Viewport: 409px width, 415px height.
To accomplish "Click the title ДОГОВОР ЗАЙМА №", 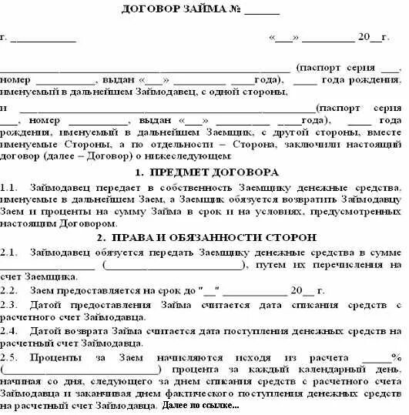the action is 182,11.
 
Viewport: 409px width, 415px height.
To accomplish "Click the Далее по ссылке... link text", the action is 202,405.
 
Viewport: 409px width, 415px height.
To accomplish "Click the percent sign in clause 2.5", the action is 397,357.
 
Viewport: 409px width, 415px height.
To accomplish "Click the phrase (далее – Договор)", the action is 76,155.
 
